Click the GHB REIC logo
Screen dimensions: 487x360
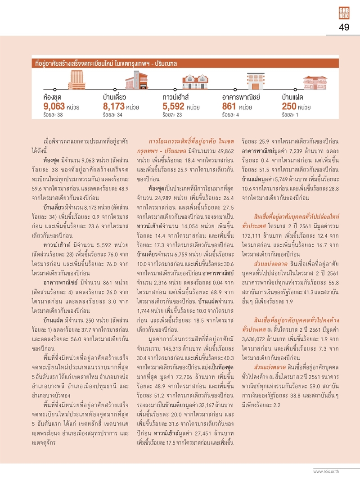point(344,13)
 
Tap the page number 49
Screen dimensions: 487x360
point(344,28)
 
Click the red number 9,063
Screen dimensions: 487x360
point(54,107)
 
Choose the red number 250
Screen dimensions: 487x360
point(289,107)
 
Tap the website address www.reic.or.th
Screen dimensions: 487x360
point(332,471)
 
